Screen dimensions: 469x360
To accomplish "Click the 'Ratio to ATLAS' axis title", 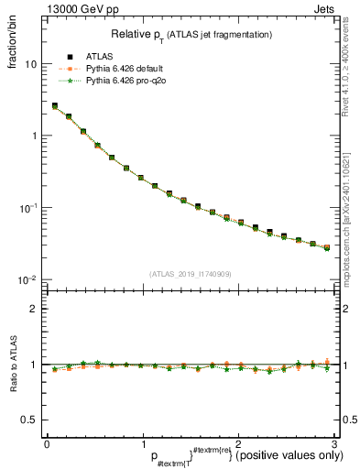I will coord(11,365).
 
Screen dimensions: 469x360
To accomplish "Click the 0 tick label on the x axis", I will coord(47,444).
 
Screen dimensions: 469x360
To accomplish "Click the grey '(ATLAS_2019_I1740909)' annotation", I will coord(190,274).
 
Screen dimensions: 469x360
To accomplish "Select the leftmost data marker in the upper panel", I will coord(55,106).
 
